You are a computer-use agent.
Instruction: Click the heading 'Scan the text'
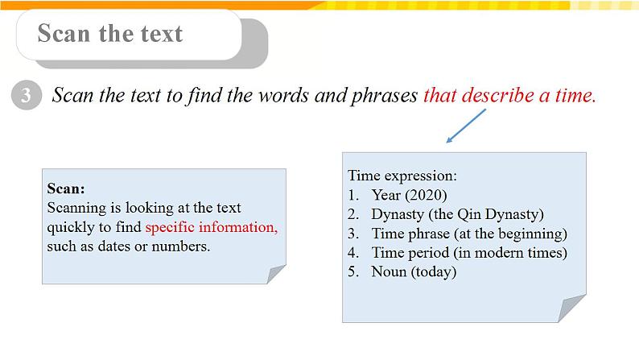[x=110, y=34]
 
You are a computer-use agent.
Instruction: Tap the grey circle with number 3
[x=26, y=97]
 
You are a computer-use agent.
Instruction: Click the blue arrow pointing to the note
[x=466, y=126]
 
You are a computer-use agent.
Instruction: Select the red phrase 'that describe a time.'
[x=509, y=96]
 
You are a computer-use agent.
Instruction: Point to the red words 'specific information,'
[x=211, y=227]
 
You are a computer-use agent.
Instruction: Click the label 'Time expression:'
[x=402, y=175]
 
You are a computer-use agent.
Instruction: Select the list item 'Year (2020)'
[x=409, y=194]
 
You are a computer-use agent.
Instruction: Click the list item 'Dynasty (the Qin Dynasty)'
[x=457, y=214]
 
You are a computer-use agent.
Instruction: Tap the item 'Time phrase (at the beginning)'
[x=469, y=234]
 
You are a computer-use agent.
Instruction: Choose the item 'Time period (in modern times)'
[x=469, y=253]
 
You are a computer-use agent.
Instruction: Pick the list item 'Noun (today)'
[x=414, y=272]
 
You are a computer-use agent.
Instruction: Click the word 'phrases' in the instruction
[x=381, y=96]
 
